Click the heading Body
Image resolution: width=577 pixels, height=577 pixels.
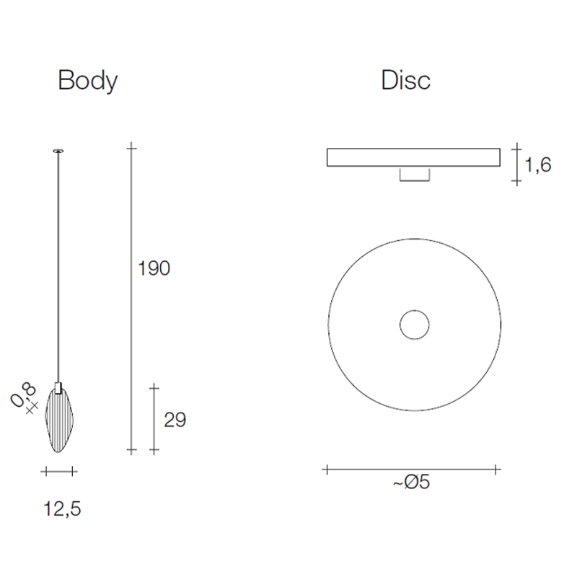[87, 81]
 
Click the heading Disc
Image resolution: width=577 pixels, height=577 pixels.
[405, 80]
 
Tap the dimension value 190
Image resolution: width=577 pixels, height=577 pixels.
[154, 268]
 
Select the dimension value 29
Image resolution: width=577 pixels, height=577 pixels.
[175, 420]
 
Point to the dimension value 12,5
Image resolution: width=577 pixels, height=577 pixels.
[62, 509]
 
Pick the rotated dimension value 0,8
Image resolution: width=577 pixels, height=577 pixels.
[24, 395]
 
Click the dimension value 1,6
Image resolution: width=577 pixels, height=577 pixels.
[537, 164]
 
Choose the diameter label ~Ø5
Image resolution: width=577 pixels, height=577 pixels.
[411, 482]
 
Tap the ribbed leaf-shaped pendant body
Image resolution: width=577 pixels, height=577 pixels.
[59, 420]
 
